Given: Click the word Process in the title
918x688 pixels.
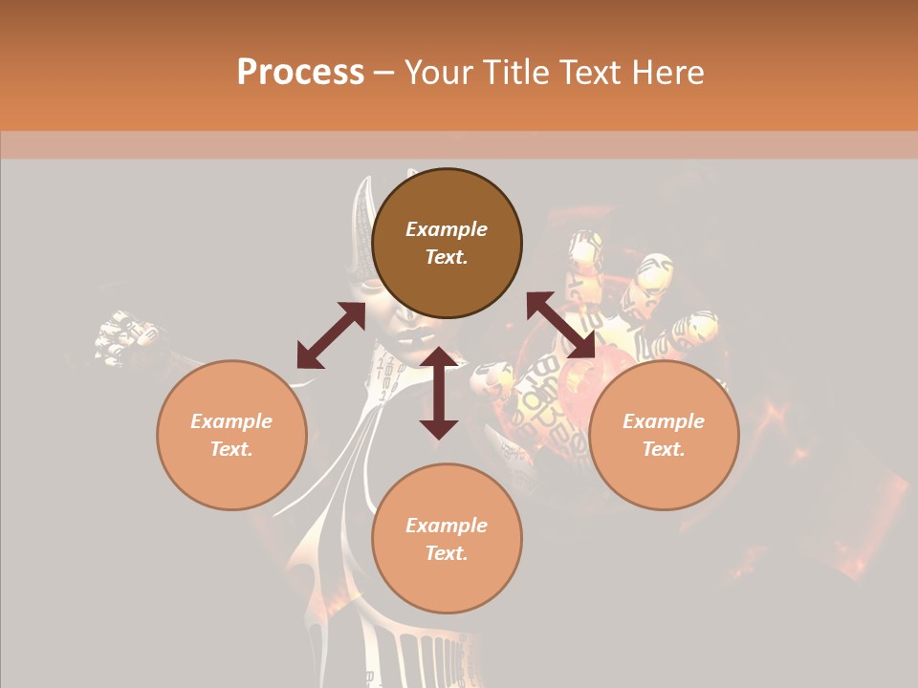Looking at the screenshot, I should pos(300,73).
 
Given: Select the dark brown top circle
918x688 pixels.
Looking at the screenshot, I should pos(447,244).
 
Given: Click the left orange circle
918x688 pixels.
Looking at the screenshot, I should pos(231,435).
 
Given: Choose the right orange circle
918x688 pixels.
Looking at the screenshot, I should pos(664,435).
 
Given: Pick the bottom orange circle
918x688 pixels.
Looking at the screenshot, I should pos(447,539).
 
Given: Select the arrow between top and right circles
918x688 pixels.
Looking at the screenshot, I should pos(561,327).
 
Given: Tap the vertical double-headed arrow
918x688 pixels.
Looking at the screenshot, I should pos(439,393).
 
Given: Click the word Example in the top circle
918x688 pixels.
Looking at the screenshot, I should pos(447,229).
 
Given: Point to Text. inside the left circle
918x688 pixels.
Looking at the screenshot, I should pos(231,449).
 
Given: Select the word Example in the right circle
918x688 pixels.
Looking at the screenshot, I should pos(664,421).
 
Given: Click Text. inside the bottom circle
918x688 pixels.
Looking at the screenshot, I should pos(447,553).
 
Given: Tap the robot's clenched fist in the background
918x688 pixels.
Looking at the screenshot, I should pos(124,336).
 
